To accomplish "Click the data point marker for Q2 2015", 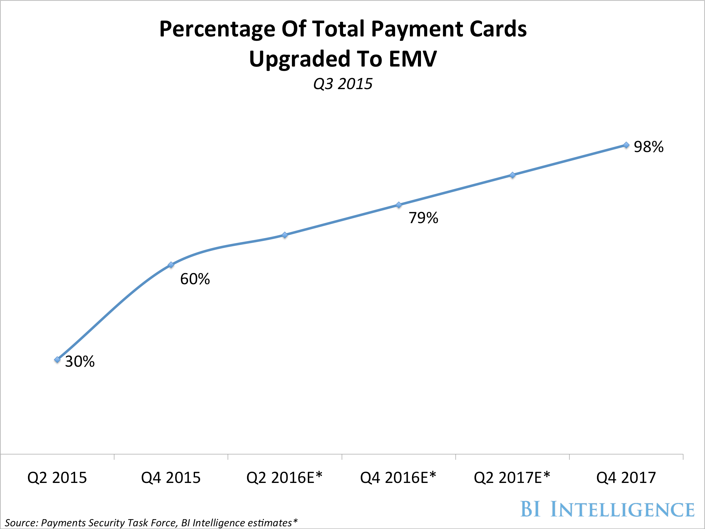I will [57, 360].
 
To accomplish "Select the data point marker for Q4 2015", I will [171, 265].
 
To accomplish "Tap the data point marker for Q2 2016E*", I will [285, 235].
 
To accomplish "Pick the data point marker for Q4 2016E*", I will [399, 205].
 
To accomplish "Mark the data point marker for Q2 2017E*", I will [512, 175].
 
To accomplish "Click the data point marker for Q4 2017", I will [626, 145].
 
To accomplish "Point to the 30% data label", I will [80, 362].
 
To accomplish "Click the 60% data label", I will [195, 279].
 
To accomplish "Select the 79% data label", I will [423, 218].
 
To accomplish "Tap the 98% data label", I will [649, 147].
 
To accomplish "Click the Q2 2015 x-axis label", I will [57, 478].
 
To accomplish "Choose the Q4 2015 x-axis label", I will [171, 478].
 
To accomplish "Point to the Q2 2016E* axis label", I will [285, 477].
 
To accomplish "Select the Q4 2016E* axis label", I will [398, 477].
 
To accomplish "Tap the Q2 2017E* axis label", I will [512, 477].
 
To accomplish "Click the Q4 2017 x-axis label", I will [626, 478].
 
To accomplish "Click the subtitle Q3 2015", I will [343, 84].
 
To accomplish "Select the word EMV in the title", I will [413, 59].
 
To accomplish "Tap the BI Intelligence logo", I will [607, 509].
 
